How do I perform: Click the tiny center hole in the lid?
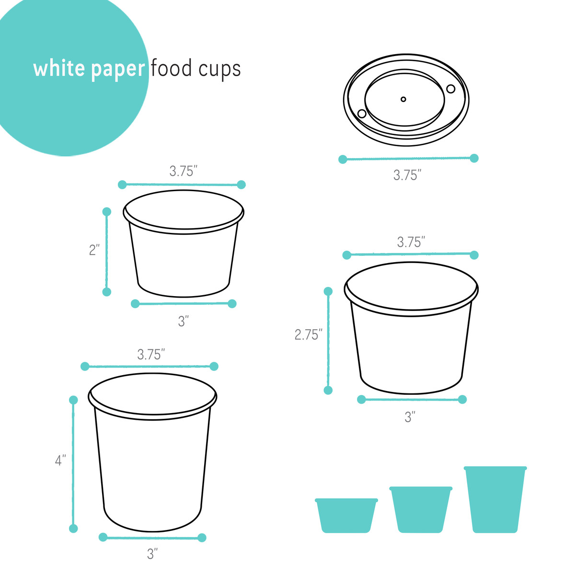pyautogui.click(x=403, y=99)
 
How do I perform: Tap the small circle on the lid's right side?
pyautogui.click(x=450, y=89)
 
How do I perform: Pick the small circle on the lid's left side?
pyautogui.click(x=362, y=114)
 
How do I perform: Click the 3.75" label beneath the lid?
pyautogui.click(x=407, y=175)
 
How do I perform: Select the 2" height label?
pyautogui.click(x=94, y=250)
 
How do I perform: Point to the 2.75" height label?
pyautogui.click(x=308, y=335)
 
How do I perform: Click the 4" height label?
pyautogui.click(x=60, y=461)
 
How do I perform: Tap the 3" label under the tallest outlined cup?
pyautogui.click(x=152, y=554)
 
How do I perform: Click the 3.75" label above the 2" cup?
pyautogui.click(x=183, y=172)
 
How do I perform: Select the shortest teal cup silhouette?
pyautogui.click(x=346, y=516)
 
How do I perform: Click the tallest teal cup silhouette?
pyautogui.click(x=495, y=499)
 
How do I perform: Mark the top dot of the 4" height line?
pyautogui.click(x=73, y=400)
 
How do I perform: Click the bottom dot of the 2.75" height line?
pyautogui.click(x=328, y=390)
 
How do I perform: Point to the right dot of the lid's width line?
pyautogui.click(x=474, y=158)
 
